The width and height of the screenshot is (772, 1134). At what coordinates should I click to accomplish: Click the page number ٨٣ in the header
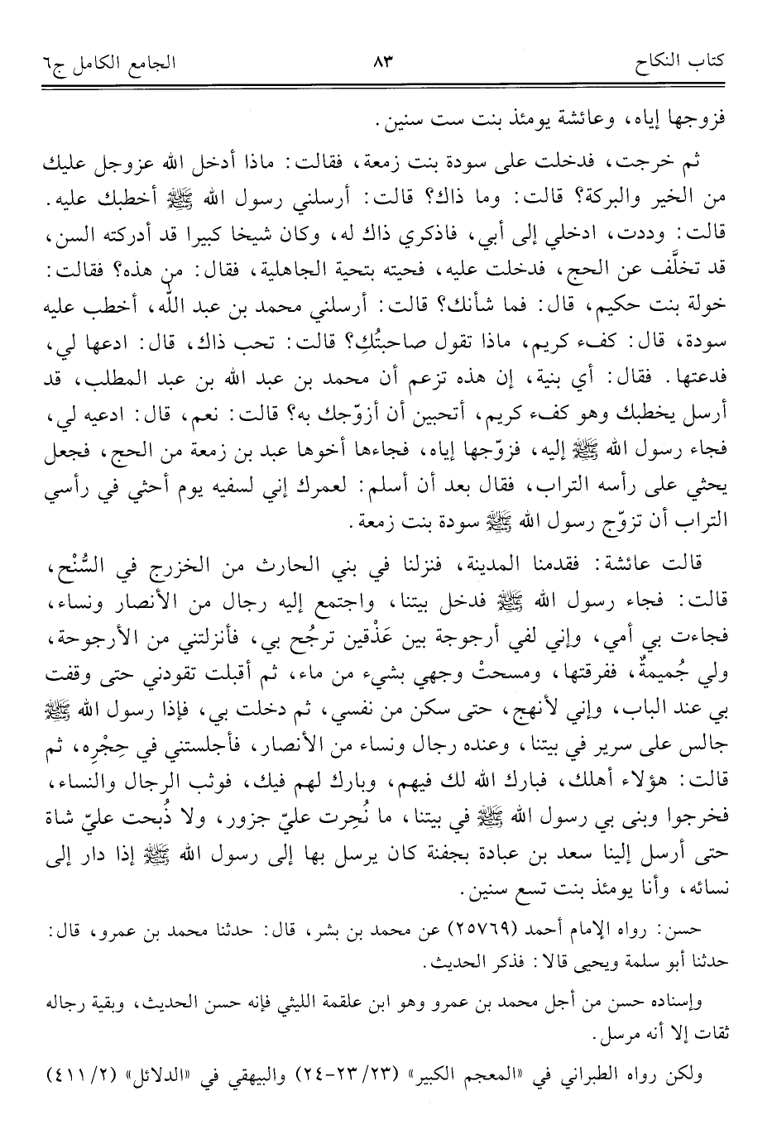pos(386,62)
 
